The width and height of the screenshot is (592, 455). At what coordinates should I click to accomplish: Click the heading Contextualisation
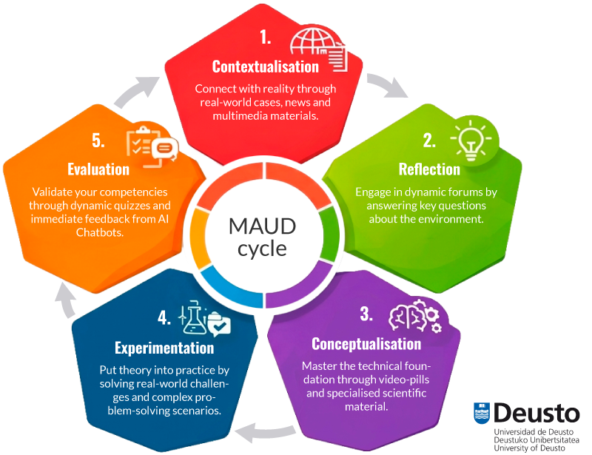tap(265, 67)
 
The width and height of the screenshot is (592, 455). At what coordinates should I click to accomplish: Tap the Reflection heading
tap(429, 169)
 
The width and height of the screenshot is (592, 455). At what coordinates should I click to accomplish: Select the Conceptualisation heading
tap(366, 344)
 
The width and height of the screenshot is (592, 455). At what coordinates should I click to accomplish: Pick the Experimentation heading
tap(164, 348)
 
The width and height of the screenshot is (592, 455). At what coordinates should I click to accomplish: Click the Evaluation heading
tap(98, 169)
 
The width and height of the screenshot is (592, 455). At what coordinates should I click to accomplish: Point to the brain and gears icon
tap(415, 317)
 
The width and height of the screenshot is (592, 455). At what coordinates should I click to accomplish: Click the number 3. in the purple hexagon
tap(366, 314)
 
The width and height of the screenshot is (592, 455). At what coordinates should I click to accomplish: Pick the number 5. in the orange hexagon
tap(99, 140)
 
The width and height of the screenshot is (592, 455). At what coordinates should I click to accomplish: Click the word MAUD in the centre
tap(262, 226)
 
